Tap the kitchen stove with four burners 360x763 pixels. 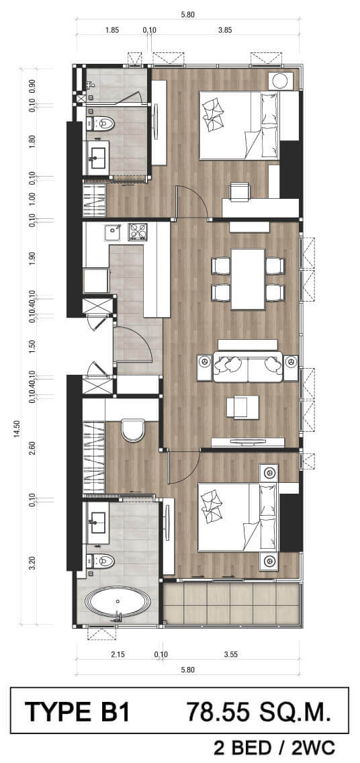point(137,232)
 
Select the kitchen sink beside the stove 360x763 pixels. point(114,232)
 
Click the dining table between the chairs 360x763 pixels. point(248,279)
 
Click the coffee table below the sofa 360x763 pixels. point(242,407)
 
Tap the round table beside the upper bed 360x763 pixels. point(280,81)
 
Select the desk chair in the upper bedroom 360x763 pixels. point(239,191)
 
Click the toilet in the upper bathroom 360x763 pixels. point(102,124)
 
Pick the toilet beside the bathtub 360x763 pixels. point(101,562)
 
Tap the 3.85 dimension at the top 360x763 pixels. point(225,30)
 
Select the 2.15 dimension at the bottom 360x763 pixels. point(118,654)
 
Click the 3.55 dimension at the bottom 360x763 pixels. point(230,654)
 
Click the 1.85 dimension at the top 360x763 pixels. point(112,30)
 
